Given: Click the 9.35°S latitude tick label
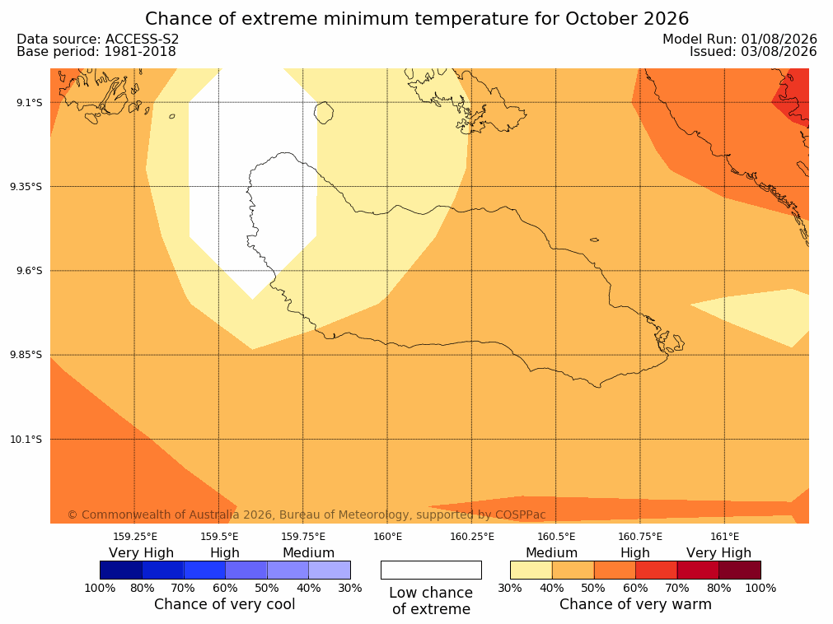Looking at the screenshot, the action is pyautogui.click(x=26, y=187).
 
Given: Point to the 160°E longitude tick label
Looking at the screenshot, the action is pyautogui.click(x=388, y=537).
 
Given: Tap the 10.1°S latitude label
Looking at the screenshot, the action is pyautogui.click(x=26, y=440).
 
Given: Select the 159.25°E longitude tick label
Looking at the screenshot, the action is pyautogui.click(x=135, y=537).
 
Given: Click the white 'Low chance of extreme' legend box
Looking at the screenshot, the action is pyautogui.click(x=432, y=570).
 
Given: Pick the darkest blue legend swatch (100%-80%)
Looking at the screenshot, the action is pyautogui.click(x=121, y=570).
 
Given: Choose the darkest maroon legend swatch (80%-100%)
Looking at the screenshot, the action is pyautogui.click(x=740, y=570).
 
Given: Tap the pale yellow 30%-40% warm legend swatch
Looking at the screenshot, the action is pyautogui.click(x=531, y=570).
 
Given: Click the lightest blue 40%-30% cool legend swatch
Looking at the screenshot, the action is pyautogui.click(x=330, y=570).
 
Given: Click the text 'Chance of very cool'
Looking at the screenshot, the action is pyautogui.click(x=225, y=604).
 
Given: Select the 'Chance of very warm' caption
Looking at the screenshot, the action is pyautogui.click(x=635, y=604).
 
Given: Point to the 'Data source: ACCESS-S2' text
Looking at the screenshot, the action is pyautogui.click(x=98, y=40).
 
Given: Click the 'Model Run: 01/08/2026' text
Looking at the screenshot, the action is pyautogui.click(x=740, y=40).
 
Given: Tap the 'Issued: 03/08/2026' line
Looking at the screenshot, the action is pyautogui.click(x=753, y=52).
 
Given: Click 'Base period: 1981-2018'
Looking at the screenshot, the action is pyautogui.click(x=96, y=52).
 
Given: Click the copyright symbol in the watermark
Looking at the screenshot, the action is pyautogui.click(x=73, y=515).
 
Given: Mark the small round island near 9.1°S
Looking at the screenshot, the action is pyautogui.click(x=324, y=113).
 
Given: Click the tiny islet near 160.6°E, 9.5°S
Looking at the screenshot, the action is pyautogui.click(x=594, y=240).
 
